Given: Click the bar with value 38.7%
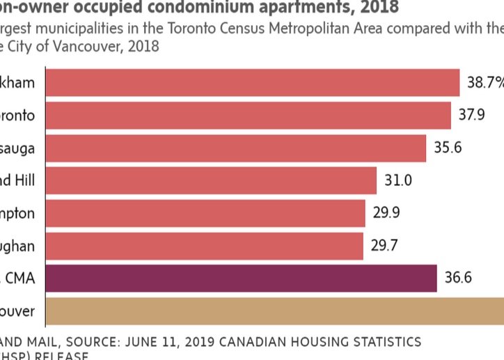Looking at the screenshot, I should (252, 82).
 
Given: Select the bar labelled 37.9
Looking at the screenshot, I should (248, 115).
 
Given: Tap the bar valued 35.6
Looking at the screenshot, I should (235, 148).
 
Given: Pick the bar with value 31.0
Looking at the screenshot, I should (211, 180).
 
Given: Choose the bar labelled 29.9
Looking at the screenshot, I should (205, 213).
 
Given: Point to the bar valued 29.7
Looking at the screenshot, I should (205, 246).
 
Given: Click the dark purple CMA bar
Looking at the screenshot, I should (241, 279).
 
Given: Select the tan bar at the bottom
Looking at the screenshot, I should (274, 311).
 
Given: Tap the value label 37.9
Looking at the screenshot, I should (471, 115).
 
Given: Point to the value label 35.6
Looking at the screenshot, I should (447, 148).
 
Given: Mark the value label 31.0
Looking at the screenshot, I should (398, 180).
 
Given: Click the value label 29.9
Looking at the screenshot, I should (386, 213).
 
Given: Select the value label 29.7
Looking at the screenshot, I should (384, 246).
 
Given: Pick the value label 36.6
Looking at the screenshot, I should (458, 279).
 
